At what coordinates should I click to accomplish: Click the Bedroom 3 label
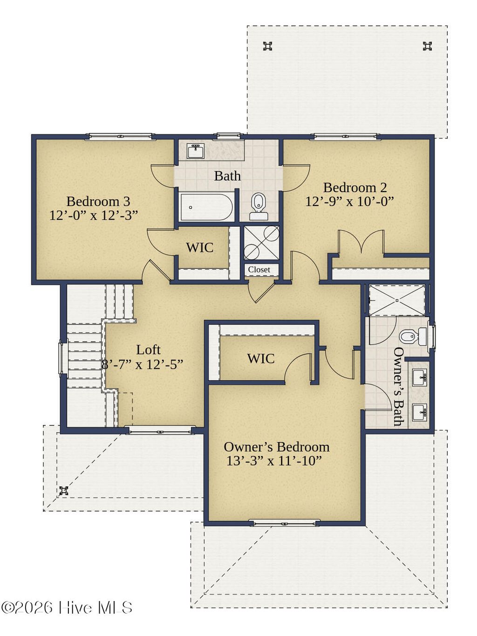click(x=98, y=201)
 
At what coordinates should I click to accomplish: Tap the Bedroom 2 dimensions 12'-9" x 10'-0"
click(x=349, y=201)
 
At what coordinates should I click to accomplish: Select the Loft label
click(x=148, y=350)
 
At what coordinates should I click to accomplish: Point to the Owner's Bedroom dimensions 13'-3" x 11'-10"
click(x=274, y=461)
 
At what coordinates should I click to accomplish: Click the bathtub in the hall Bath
click(x=207, y=207)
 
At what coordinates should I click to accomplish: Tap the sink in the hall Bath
click(x=195, y=151)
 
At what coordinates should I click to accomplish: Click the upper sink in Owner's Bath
click(x=419, y=376)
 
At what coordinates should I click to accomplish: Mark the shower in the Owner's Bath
click(x=397, y=300)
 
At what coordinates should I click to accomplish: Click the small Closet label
click(x=259, y=270)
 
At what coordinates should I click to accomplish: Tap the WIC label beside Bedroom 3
click(x=199, y=248)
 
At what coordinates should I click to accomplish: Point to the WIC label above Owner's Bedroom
click(x=260, y=359)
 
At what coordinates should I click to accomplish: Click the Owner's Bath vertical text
click(x=398, y=387)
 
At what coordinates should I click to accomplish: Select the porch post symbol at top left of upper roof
click(x=267, y=46)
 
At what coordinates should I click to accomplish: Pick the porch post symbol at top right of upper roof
click(x=427, y=46)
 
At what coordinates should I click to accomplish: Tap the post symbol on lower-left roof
click(x=64, y=491)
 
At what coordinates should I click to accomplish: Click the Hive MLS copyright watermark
click(x=67, y=608)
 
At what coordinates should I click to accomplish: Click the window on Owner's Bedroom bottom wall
click(x=284, y=523)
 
